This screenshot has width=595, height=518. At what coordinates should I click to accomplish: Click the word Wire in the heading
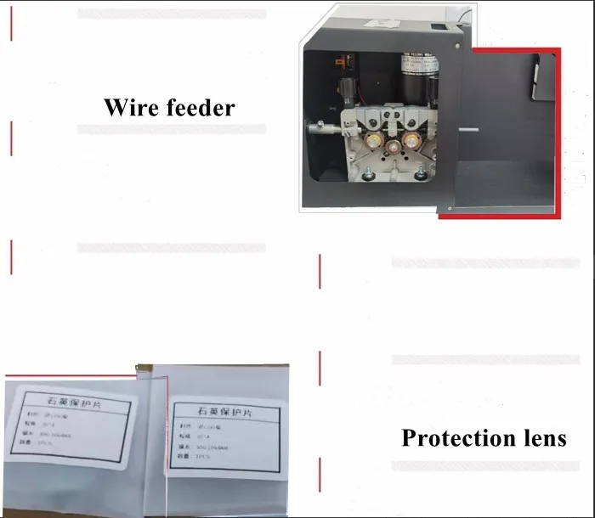(130, 108)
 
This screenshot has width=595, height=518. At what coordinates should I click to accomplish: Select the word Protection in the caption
(454, 438)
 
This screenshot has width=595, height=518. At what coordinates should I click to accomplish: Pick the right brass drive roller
(414, 138)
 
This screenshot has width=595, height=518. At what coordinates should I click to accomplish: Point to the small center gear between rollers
(393, 148)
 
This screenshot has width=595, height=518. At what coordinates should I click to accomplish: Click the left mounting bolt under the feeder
(368, 175)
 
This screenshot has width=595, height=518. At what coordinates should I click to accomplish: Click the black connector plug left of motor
(344, 92)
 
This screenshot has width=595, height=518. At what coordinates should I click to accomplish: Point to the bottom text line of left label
(42, 458)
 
